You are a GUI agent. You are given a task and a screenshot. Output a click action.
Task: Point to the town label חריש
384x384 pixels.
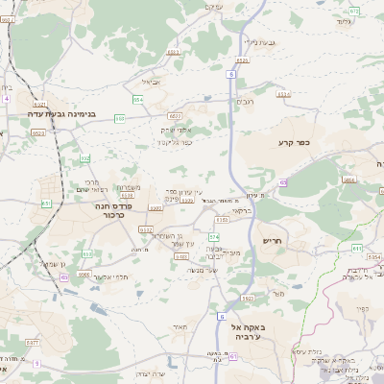tap(274, 241)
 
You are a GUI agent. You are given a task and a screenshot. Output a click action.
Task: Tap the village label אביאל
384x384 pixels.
tap(163, 82)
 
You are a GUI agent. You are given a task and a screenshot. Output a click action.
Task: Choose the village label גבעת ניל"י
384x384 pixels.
tap(260, 42)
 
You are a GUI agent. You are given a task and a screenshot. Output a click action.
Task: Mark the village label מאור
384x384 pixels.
tap(180, 326)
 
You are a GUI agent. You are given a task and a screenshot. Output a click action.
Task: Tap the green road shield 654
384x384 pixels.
tap(139, 99)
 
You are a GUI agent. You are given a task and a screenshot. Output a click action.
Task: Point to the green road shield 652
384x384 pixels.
tap(84, 159)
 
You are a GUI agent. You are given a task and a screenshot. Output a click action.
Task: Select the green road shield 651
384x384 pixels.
tap(46, 204)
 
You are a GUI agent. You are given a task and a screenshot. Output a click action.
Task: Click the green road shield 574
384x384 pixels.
tap(213, 235)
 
